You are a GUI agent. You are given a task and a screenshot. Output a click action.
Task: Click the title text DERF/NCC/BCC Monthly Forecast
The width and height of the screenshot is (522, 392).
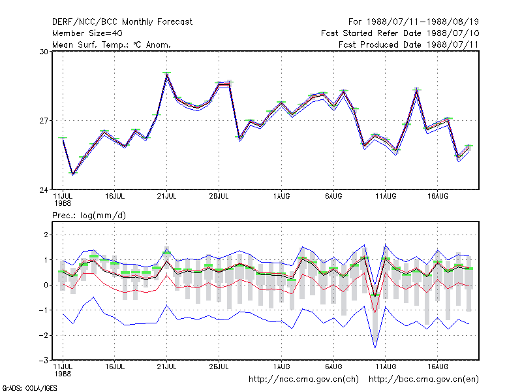click(x=122, y=22)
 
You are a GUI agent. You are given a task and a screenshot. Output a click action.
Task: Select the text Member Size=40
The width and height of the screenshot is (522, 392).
click(x=87, y=33)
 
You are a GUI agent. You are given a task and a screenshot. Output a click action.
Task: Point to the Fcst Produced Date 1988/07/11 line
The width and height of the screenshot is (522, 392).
click(x=408, y=44)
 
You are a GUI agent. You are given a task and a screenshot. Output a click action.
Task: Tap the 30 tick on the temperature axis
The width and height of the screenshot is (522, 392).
click(x=44, y=52)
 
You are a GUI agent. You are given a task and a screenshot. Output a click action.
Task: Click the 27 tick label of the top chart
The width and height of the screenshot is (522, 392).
click(x=44, y=121)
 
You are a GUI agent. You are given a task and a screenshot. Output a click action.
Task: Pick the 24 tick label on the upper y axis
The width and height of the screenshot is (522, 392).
click(x=44, y=190)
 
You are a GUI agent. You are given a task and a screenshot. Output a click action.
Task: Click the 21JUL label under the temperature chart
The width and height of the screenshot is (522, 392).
click(x=166, y=197)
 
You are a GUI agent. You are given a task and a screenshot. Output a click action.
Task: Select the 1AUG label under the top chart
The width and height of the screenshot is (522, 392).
click(x=282, y=197)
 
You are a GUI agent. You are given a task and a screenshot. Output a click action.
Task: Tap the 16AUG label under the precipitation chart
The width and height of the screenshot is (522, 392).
click(x=438, y=367)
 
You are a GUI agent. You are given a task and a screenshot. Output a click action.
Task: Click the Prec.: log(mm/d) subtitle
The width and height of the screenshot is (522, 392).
click(x=89, y=216)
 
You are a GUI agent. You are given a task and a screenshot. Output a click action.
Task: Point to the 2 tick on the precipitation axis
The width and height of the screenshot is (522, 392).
click(x=46, y=235)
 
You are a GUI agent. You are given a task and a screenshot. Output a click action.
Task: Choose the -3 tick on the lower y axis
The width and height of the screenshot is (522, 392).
click(x=44, y=361)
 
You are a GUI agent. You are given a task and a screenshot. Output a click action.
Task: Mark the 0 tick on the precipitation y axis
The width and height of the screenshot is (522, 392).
click(x=46, y=285)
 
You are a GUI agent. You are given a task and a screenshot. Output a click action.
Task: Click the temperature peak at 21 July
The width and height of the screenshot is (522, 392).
click(x=167, y=74)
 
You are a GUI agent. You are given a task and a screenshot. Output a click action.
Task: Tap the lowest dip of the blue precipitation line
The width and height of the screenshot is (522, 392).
click(x=375, y=348)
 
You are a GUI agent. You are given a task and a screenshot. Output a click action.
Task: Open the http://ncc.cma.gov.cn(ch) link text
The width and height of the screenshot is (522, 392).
click(x=303, y=380)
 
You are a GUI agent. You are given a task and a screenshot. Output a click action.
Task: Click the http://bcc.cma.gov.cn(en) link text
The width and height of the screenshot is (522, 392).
click(x=423, y=380)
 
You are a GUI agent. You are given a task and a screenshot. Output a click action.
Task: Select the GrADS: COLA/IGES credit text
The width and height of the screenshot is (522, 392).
click(x=30, y=388)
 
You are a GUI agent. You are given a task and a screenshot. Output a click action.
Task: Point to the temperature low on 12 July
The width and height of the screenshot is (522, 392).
click(x=73, y=174)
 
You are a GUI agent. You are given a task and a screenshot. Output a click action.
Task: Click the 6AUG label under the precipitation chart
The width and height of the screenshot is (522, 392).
click(x=333, y=367)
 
